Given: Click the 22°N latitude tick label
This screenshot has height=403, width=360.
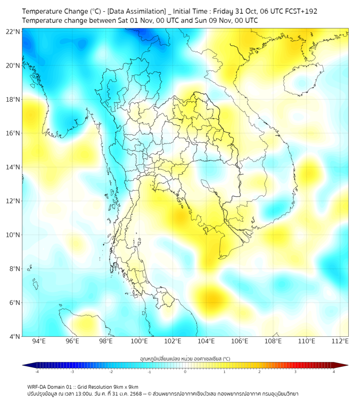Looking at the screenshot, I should (13, 31).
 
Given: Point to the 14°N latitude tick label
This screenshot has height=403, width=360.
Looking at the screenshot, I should (13, 167).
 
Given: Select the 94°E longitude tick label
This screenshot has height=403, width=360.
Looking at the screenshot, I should (39, 341).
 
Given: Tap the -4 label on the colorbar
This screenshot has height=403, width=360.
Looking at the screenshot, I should (37, 372).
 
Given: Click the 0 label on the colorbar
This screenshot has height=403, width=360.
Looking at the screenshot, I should (185, 372).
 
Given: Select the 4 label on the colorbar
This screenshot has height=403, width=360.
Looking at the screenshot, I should (334, 372).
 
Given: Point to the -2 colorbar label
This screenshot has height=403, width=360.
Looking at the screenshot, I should (111, 372).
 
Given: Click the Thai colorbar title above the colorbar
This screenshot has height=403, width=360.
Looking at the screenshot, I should (185, 359).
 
